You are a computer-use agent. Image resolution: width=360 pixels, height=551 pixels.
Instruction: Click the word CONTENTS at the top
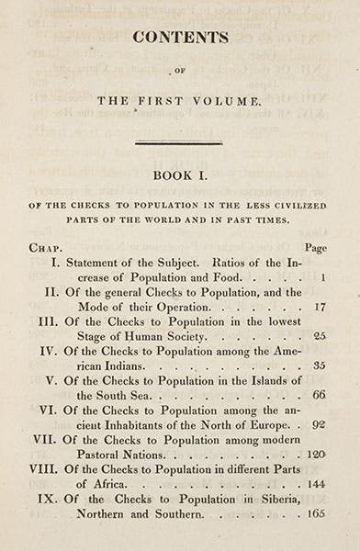point(179,38)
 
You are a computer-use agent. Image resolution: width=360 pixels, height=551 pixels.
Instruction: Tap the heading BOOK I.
point(179,183)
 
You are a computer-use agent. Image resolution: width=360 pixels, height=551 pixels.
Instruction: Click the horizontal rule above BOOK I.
point(179,142)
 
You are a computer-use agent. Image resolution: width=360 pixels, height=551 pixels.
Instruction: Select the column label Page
point(314,248)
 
